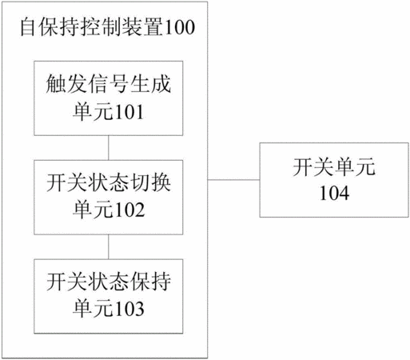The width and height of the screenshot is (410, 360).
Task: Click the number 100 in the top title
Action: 180,27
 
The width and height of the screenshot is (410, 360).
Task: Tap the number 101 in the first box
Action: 129,112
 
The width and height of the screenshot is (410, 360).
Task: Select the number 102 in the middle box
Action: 129,210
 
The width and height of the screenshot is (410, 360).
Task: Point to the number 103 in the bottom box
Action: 129,309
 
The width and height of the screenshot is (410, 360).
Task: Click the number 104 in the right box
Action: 334,193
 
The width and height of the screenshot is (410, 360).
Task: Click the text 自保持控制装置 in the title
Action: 93,27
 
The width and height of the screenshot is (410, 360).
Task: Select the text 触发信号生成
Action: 109,84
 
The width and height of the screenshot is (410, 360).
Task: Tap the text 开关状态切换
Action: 109,182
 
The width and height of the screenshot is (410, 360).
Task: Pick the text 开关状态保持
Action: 109,281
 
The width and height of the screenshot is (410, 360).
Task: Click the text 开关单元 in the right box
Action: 334,167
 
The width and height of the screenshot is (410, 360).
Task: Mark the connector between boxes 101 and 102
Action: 109,148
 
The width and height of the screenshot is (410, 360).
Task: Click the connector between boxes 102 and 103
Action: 109,246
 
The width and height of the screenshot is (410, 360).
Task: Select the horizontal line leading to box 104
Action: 233,180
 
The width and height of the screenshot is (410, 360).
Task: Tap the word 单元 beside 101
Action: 94,112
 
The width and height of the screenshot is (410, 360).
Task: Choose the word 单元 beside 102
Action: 94,210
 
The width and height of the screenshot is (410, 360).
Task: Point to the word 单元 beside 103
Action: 94,309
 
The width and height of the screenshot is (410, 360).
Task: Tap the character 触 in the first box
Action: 56,84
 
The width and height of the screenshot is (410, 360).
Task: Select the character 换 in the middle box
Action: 161,182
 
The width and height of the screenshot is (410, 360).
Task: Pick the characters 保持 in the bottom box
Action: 151,281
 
